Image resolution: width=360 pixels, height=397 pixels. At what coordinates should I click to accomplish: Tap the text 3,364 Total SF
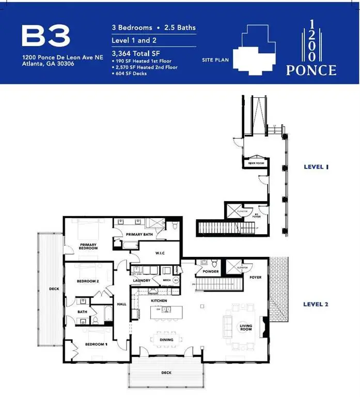(134, 53)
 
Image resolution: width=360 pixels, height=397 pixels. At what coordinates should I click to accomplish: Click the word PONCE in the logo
(311, 70)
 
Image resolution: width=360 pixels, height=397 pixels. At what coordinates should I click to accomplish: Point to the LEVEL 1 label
(316, 167)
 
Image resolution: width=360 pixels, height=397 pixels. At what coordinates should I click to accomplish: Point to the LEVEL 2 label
(316, 304)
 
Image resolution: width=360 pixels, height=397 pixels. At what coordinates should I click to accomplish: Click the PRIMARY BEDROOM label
(88, 246)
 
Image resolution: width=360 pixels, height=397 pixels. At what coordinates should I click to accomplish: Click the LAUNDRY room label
(142, 281)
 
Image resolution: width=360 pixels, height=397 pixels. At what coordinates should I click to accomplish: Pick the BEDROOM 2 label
(88, 281)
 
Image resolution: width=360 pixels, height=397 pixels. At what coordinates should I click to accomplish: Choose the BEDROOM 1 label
(96, 344)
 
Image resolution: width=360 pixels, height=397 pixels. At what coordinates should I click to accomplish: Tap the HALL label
(122, 304)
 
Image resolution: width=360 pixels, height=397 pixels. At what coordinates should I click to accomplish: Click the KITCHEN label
(158, 300)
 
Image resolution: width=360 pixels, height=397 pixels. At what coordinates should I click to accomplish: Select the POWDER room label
(211, 272)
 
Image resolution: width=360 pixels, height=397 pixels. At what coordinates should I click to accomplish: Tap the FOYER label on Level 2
(255, 278)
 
